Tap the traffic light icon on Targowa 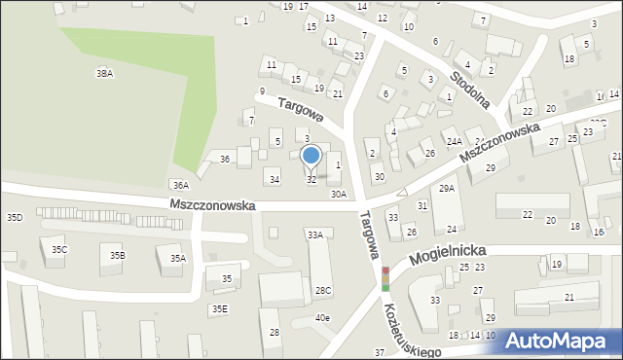pyautogui.click(x=385, y=278)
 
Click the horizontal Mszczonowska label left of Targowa pyautogui.click(x=211, y=206)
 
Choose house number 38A pyautogui.click(x=104, y=73)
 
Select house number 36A pyautogui.click(x=178, y=185)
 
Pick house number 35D pyautogui.click(x=14, y=217)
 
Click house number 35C pyautogui.click(x=59, y=250)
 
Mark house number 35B pyautogui.click(x=117, y=255)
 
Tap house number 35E pyautogui.click(x=220, y=308)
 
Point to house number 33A pyautogui.click(x=314, y=234)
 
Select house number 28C pyautogui.click(x=323, y=290)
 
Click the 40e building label pyautogui.click(x=321, y=318)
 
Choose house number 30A pyautogui.click(x=338, y=195)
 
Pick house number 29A pyautogui.click(x=447, y=188)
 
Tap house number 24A pyautogui.click(x=454, y=142)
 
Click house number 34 pyautogui.click(x=275, y=179)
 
